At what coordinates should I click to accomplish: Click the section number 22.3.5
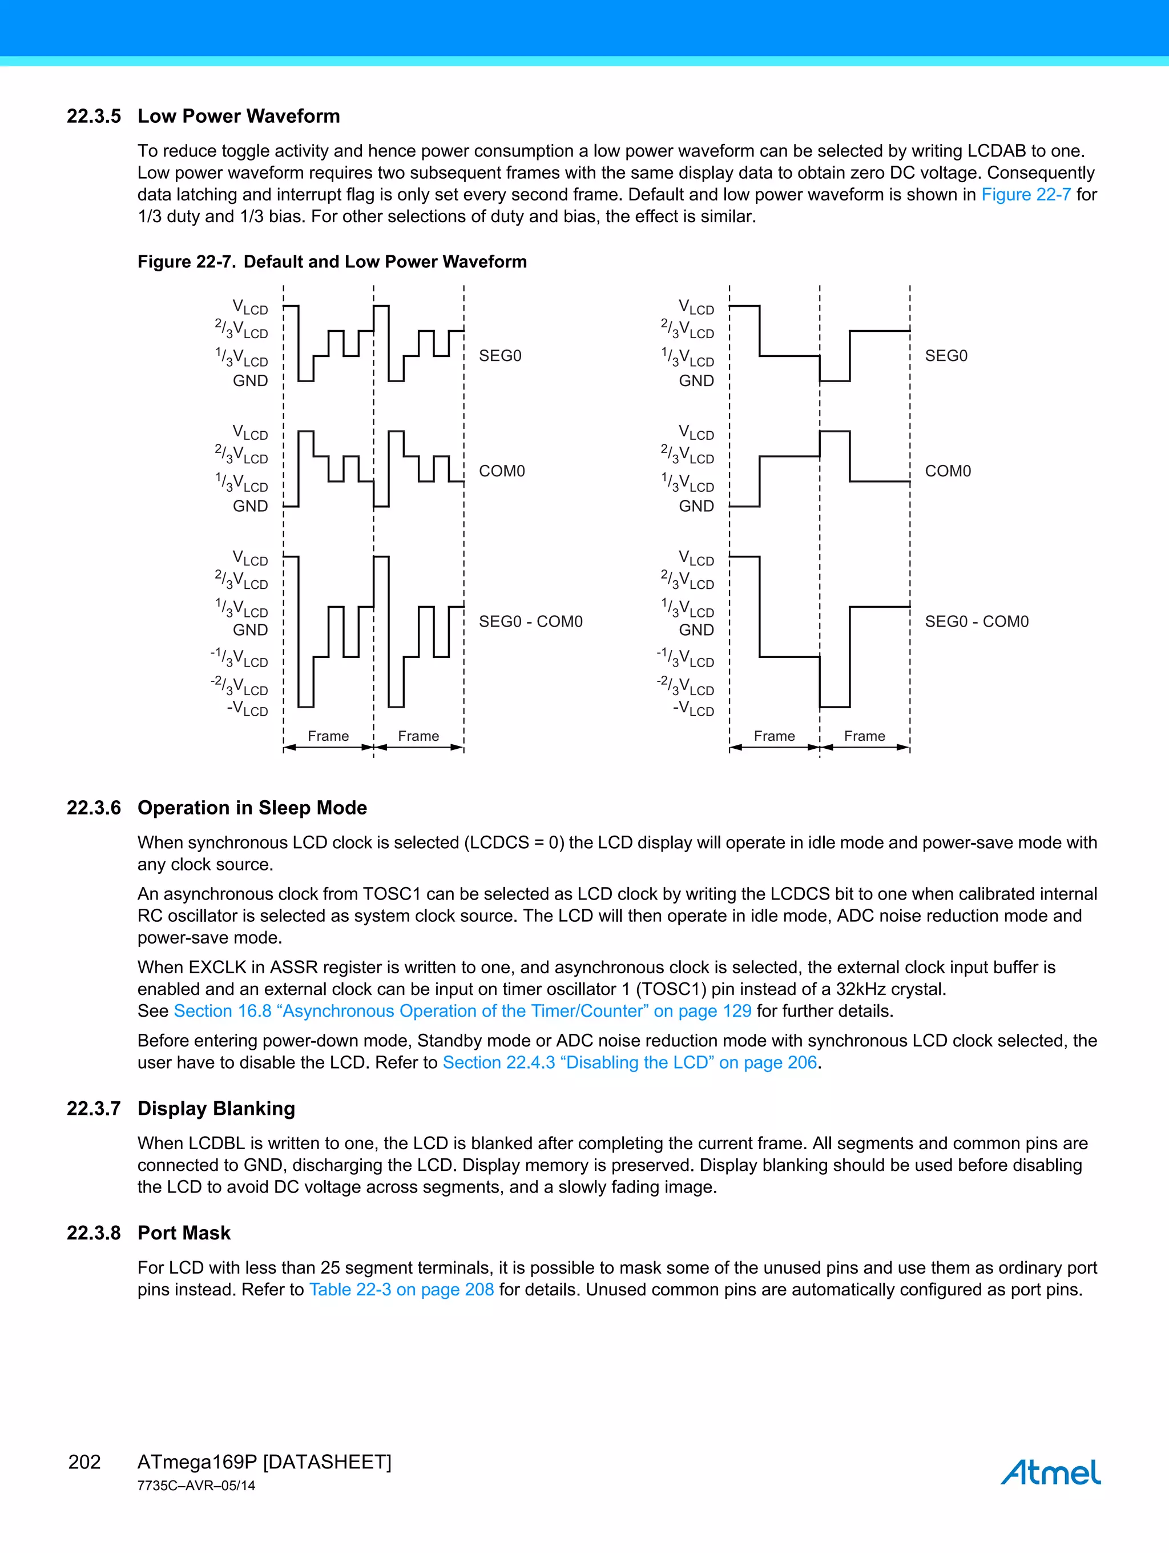pyautogui.click(x=93, y=116)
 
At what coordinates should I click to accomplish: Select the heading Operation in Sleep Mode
pyautogui.click(x=252, y=808)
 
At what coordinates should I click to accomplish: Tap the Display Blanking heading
pyautogui.click(x=216, y=1108)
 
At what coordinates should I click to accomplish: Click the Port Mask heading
pyautogui.click(x=184, y=1232)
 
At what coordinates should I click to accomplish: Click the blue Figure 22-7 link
pyautogui.click(x=1025, y=194)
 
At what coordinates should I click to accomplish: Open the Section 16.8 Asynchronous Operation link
pyautogui.click(x=462, y=1010)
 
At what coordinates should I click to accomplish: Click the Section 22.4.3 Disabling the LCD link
pyautogui.click(x=630, y=1062)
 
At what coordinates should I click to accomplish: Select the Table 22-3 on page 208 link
pyautogui.click(x=401, y=1289)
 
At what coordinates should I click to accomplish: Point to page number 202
pyautogui.click(x=84, y=1462)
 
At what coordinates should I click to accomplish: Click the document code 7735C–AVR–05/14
pyautogui.click(x=196, y=1486)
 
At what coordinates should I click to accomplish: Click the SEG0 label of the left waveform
pyautogui.click(x=499, y=356)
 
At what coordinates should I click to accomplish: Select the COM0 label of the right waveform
pyautogui.click(x=948, y=471)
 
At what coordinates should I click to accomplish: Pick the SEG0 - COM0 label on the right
pyautogui.click(x=976, y=621)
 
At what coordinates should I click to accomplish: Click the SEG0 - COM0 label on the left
pyautogui.click(x=530, y=621)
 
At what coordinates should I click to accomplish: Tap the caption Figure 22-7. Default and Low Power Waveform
pyautogui.click(x=332, y=262)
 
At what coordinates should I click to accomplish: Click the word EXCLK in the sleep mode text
pyautogui.click(x=217, y=967)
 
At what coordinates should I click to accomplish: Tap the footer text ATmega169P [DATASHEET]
pyautogui.click(x=264, y=1462)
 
